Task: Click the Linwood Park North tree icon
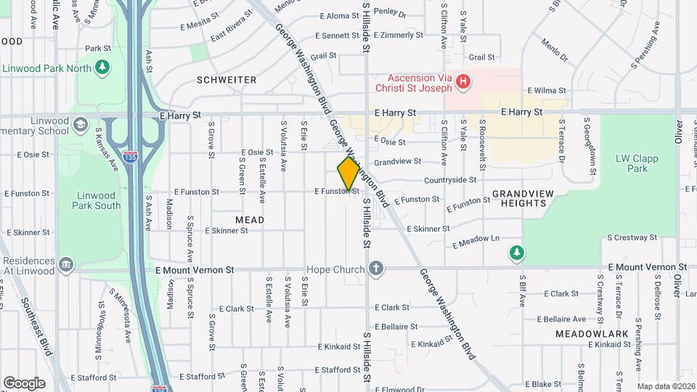click(x=103, y=68)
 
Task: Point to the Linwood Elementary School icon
click(x=80, y=123)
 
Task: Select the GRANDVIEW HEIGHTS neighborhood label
click(x=518, y=198)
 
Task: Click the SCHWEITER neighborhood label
click(x=226, y=79)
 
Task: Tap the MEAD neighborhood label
click(x=250, y=219)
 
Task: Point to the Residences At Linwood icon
click(x=66, y=263)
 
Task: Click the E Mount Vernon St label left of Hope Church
click(x=195, y=269)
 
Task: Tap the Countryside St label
click(x=450, y=179)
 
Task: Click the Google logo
click(x=24, y=383)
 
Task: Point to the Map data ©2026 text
click(x=665, y=386)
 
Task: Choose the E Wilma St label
click(x=546, y=91)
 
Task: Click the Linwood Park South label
click(x=97, y=200)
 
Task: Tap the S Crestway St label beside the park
click(x=631, y=237)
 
